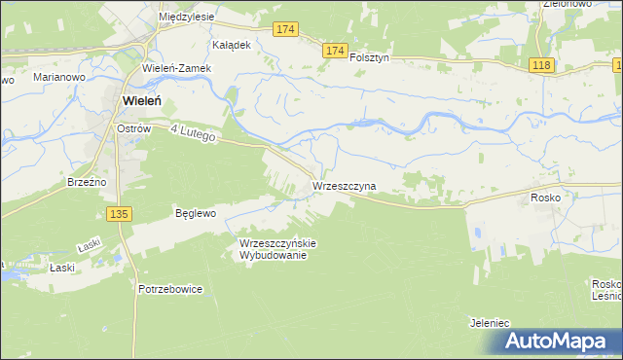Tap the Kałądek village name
pyautogui.click(x=233, y=45)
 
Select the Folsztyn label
pyautogui.click(x=369, y=57)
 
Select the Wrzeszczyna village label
pyautogui.click(x=344, y=185)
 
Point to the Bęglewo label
pyautogui.click(x=195, y=212)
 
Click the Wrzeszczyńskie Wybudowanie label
pyautogui.click(x=278, y=249)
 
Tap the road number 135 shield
pyautogui.click(x=120, y=214)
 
